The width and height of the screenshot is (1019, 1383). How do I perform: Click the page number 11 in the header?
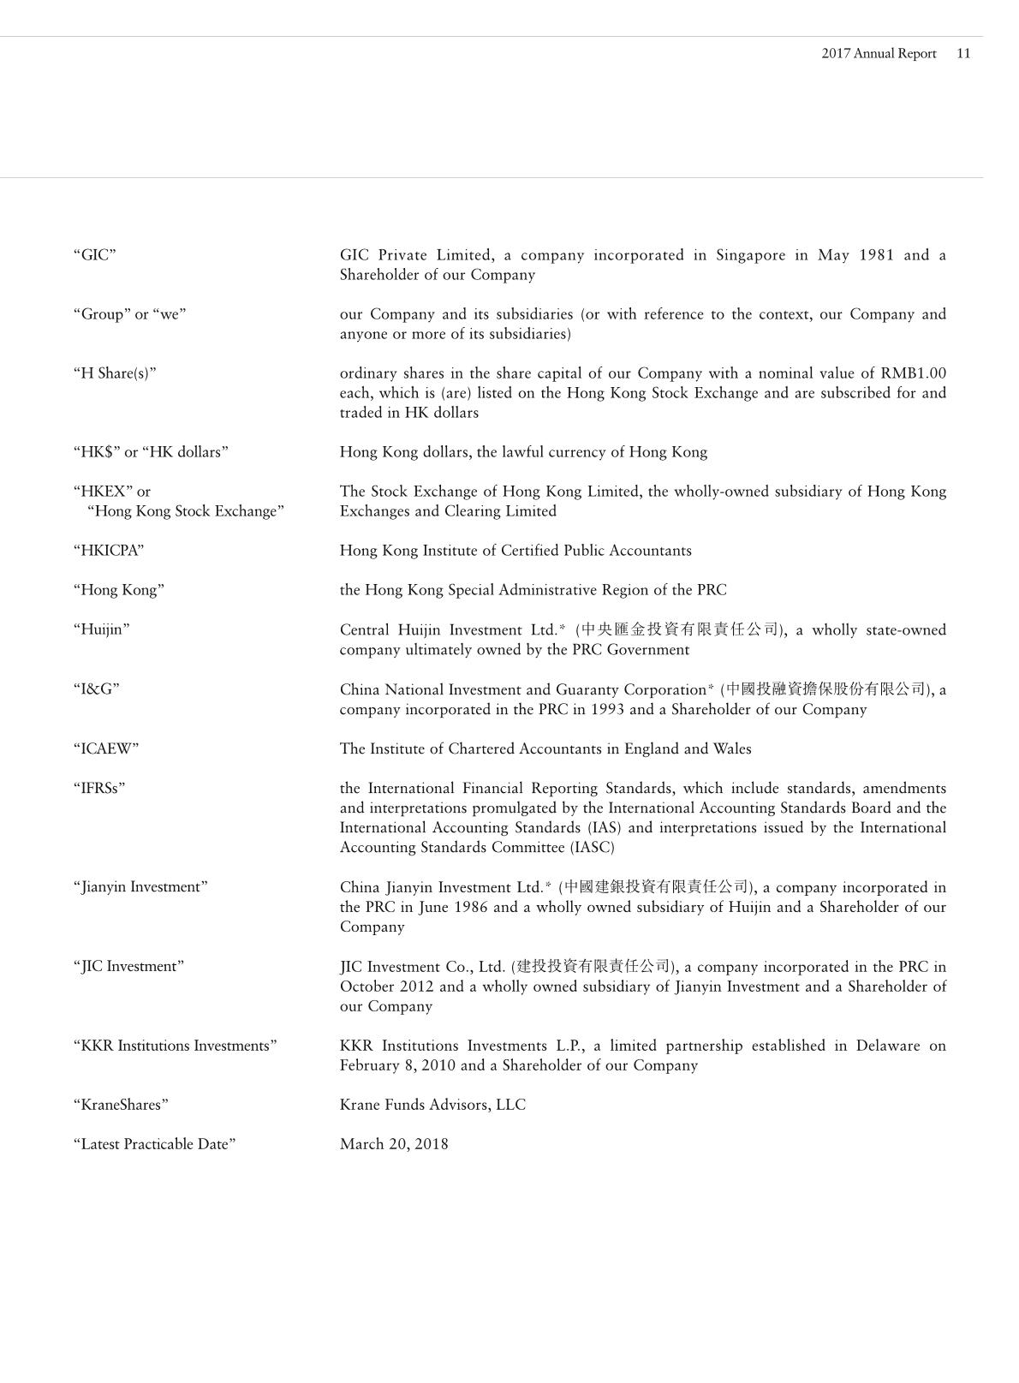pyautogui.click(x=963, y=53)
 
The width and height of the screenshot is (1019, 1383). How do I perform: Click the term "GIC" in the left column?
pyautogui.click(x=94, y=254)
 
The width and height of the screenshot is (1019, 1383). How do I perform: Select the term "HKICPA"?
pyautogui.click(x=109, y=551)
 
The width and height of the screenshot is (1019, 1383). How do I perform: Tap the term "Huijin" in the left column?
pyautogui.click(x=102, y=629)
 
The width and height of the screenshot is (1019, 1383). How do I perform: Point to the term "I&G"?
pyautogui.click(x=97, y=689)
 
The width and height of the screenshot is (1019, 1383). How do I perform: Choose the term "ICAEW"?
pyautogui.click(x=106, y=748)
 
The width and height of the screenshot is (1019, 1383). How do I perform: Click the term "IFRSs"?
pyautogui.click(x=99, y=788)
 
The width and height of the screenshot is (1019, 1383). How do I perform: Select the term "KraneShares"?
pyautogui.click(x=121, y=1105)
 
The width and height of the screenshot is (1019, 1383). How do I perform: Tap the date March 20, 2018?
pyautogui.click(x=394, y=1144)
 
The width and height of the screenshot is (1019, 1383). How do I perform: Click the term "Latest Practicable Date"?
pyautogui.click(x=154, y=1144)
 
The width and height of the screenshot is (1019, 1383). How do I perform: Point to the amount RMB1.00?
pyautogui.click(x=913, y=373)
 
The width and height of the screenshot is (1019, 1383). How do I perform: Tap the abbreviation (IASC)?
pyautogui.click(x=592, y=848)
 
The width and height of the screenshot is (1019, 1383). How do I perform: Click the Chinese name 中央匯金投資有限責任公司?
pyautogui.click(x=679, y=630)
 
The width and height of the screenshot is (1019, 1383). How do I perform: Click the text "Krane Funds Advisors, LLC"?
pyautogui.click(x=432, y=1105)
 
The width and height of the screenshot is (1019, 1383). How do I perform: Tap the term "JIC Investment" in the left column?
pyautogui.click(x=128, y=967)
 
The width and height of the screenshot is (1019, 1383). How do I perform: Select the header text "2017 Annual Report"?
pyautogui.click(x=879, y=53)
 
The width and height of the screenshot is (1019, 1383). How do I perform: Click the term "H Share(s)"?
pyautogui.click(x=115, y=373)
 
